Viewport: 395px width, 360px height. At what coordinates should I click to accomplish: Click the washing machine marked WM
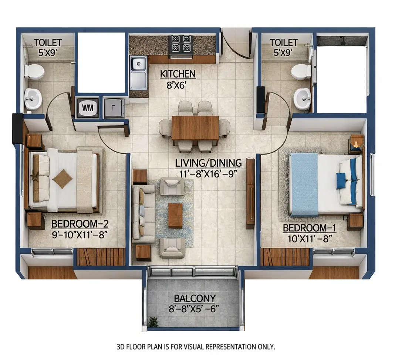pos(87,108)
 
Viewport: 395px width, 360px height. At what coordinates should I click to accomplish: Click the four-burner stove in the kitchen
pos(181,45)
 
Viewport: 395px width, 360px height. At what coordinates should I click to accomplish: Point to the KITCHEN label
pos(178,74)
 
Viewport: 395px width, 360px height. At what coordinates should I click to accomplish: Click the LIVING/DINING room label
pos(209,163)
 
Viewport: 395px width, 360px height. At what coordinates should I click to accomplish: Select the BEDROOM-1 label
pos(304,228)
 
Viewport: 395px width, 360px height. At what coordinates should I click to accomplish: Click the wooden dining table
pos(195,128)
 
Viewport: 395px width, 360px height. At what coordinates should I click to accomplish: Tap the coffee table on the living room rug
pos(175,215)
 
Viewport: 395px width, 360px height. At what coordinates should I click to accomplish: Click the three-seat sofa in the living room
pos(143,214)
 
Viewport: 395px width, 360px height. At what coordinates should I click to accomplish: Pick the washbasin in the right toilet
pos(302,99)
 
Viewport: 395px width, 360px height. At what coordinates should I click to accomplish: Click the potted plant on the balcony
pos(153,322)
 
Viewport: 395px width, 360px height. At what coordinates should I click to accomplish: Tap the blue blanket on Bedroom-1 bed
pos(304,184)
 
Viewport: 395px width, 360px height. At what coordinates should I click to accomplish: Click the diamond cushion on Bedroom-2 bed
pos(62,179)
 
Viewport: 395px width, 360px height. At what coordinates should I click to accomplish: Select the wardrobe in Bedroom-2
pos(101,257)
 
